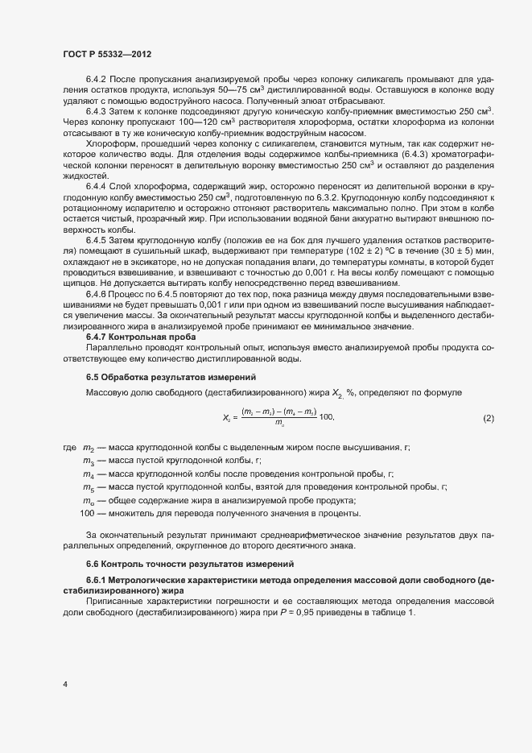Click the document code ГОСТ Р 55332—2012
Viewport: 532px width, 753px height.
coord(107,53)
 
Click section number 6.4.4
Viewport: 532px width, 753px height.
coord(97,185)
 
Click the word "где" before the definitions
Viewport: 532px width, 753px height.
coord(68,448)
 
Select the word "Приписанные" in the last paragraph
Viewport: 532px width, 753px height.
coord(113,601)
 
